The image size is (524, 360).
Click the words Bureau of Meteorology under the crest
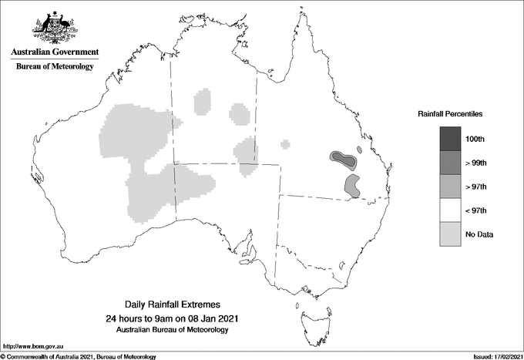click(x=55, y=66)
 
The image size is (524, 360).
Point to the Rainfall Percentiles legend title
click(x=450, y=113)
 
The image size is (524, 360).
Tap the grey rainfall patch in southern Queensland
click(x=353, y=185)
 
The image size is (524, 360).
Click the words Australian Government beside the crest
click(x=55, y=52)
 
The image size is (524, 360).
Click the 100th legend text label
click(x=487, y=140)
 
